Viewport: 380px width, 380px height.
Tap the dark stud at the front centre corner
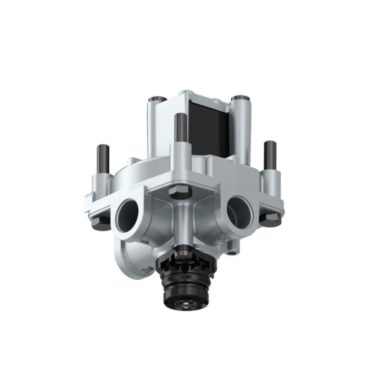[x=180, y=129]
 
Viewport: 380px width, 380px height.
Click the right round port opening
[x=239, y=209]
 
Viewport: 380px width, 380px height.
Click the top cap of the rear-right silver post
[x=238, y=99]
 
